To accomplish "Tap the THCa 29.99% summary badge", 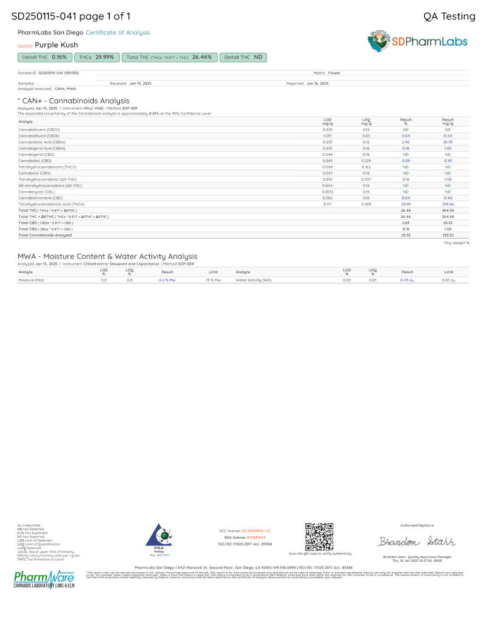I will [x=97, y=57].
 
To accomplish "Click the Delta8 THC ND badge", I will [x=243, y=57].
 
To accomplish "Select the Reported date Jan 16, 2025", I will [x=317, y=83].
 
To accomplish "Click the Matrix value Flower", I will [x=334, y=72].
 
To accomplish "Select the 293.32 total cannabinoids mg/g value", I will [x=447, y=234].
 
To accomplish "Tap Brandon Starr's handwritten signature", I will [x=417, y=541].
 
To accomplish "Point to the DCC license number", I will [x=254, y=531].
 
